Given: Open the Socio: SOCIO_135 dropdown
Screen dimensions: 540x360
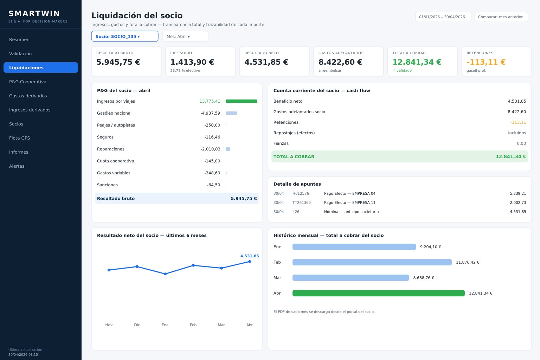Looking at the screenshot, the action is point(125,37).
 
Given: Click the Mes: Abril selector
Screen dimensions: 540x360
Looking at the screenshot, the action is point(185,37).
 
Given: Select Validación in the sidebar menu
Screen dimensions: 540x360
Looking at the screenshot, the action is point(20,53).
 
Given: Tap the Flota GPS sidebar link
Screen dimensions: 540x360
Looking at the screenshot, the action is point(20,138).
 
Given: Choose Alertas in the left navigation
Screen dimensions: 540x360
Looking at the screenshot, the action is point(17,166).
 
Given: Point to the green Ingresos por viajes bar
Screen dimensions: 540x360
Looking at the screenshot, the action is point(241,101).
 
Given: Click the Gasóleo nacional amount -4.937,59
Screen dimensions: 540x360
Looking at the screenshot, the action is point(210,113).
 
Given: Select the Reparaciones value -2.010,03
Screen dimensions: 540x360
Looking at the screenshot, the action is point(210,149).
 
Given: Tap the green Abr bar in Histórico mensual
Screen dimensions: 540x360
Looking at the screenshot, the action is point(379,293).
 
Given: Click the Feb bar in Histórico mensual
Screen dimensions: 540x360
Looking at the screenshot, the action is point(372,262).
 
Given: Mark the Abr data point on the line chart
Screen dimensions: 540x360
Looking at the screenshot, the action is point(250,262).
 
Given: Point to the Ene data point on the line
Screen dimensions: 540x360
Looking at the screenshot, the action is point(165,274).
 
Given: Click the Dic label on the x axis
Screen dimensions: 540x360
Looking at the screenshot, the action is point(137,325).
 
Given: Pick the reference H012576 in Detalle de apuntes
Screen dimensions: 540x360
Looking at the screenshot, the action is point(301,193).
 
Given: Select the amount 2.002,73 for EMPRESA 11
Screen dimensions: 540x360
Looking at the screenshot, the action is point(518,202).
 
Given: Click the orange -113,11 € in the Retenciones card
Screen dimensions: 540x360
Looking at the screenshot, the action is point(486,62).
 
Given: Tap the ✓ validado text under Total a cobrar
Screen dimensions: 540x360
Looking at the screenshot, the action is point(402,70).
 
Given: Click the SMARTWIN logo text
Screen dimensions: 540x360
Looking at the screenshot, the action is point(34,13).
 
